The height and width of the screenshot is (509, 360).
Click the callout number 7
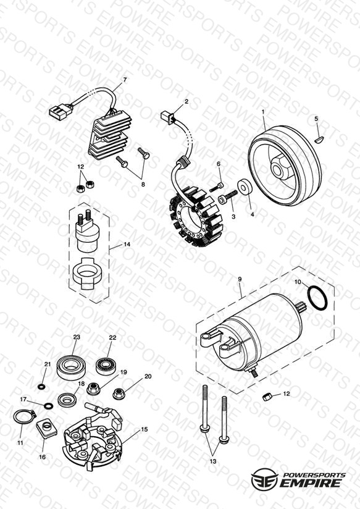coord(125,79)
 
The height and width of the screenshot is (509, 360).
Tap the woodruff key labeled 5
coord(319,140)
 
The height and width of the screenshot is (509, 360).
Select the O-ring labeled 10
coord(317,298)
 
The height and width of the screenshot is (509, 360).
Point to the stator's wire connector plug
coord(167,117)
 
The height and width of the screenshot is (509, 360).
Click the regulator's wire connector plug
coord(61,111)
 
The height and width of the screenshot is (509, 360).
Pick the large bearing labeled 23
coord(70,368)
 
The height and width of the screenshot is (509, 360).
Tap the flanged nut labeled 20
coord(120,393)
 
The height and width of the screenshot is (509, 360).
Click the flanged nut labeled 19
coord(93,389)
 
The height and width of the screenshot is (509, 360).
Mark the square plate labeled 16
coord(47,427)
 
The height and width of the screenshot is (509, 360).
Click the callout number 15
coord(144,429)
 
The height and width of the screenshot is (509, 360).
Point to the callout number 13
coord(212,461)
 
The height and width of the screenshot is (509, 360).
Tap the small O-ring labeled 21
coord(41,387)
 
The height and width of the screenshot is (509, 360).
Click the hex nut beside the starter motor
coord(267,397)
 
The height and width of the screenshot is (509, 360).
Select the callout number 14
coord(127,244)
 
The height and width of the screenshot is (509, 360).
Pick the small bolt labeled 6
coord(217,187)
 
